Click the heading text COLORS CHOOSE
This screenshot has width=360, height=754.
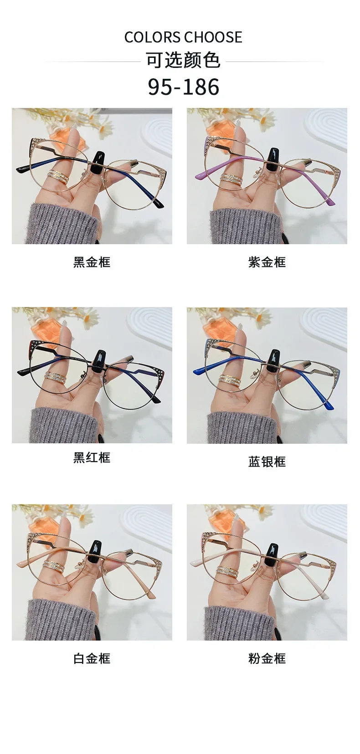(183, 37)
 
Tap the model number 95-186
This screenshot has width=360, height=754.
(184, 87)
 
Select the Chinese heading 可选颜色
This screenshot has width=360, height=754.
(183, 61)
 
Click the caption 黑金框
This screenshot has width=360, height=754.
(92, 262)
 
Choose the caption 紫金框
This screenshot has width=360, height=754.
(267, 262)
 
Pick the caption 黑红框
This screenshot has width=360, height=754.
(92, 457)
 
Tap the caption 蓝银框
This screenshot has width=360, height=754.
(267, 462)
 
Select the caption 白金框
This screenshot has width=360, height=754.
(92, 658)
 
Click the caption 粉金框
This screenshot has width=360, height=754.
(267, 658)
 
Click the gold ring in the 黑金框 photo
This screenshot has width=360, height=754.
(58, 175)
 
